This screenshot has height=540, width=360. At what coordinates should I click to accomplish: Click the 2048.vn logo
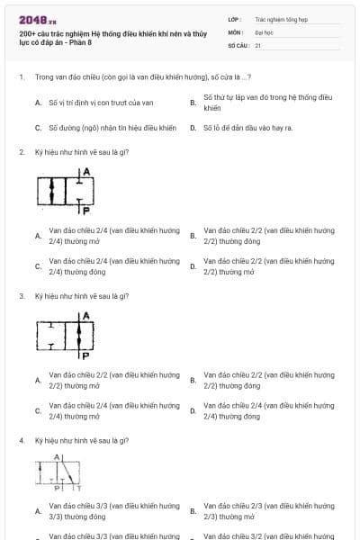[x=31, y=20]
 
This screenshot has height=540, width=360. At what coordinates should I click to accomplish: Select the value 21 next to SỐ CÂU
[x=258, y=44]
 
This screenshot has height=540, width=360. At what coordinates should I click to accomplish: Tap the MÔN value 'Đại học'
[x=263, y=31]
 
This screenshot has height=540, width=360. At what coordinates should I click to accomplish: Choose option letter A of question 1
[x=38, y=103]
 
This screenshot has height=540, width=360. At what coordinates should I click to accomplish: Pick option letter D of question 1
[x=193, y=128]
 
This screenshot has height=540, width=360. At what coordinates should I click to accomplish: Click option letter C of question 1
[x=38, y=128]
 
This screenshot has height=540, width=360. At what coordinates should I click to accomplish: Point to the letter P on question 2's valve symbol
[x=85, y=211]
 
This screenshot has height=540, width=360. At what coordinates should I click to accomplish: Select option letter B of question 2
[x=193, y=236]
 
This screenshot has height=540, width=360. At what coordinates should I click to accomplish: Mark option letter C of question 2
[x=38, y=266]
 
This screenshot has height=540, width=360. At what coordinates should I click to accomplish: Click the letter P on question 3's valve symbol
[x=85, y=355]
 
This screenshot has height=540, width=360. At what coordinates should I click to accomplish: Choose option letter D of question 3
[x=193, y=410]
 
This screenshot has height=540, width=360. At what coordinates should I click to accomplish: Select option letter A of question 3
[x=38, y=380]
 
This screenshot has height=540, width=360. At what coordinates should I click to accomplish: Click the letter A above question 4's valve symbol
[x=56, y=458]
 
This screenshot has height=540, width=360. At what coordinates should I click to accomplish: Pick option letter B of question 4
[x=193, y=511]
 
